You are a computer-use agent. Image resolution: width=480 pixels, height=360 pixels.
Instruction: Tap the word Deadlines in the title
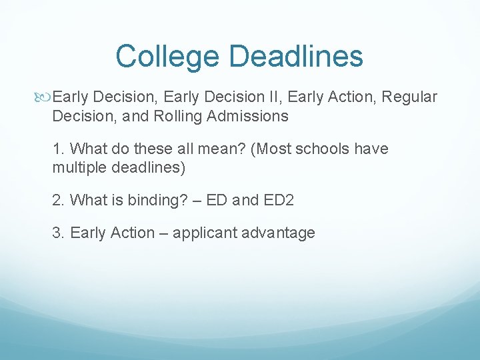[296, 55]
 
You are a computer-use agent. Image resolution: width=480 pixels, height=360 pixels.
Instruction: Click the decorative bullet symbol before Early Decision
[42, 97]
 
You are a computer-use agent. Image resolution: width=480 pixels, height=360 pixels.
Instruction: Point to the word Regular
[409, 97]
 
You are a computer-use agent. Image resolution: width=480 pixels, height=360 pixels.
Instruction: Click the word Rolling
[177, 117]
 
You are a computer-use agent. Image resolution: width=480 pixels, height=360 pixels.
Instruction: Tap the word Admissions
[247, 116]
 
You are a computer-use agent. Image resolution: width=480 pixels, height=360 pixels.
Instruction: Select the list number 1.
[59, 149]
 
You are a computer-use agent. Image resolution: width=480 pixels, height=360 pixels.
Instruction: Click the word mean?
[221, 149]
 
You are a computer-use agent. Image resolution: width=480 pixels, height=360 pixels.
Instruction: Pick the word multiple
[79, 168]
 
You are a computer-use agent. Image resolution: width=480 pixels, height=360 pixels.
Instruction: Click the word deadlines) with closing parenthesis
[149, 168]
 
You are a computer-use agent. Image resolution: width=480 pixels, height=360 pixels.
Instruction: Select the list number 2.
[59, 200]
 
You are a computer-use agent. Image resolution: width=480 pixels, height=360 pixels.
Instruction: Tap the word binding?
[157, 201]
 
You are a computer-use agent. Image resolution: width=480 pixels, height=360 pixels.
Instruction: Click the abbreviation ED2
[279, 200]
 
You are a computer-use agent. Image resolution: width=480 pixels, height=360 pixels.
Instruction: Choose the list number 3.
[59, 233]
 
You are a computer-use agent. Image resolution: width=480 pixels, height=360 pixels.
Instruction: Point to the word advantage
[278, 233]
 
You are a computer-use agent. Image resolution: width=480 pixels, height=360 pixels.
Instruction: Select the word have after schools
[371, 149]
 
